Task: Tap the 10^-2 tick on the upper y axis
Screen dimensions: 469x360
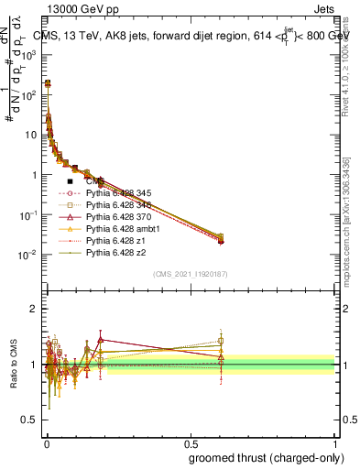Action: coord(30,255)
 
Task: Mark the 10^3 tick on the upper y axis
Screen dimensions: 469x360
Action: coord(30,54)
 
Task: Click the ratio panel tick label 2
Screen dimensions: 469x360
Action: coord(34,309)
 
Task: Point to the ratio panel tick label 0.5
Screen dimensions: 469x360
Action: coord(30,421)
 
